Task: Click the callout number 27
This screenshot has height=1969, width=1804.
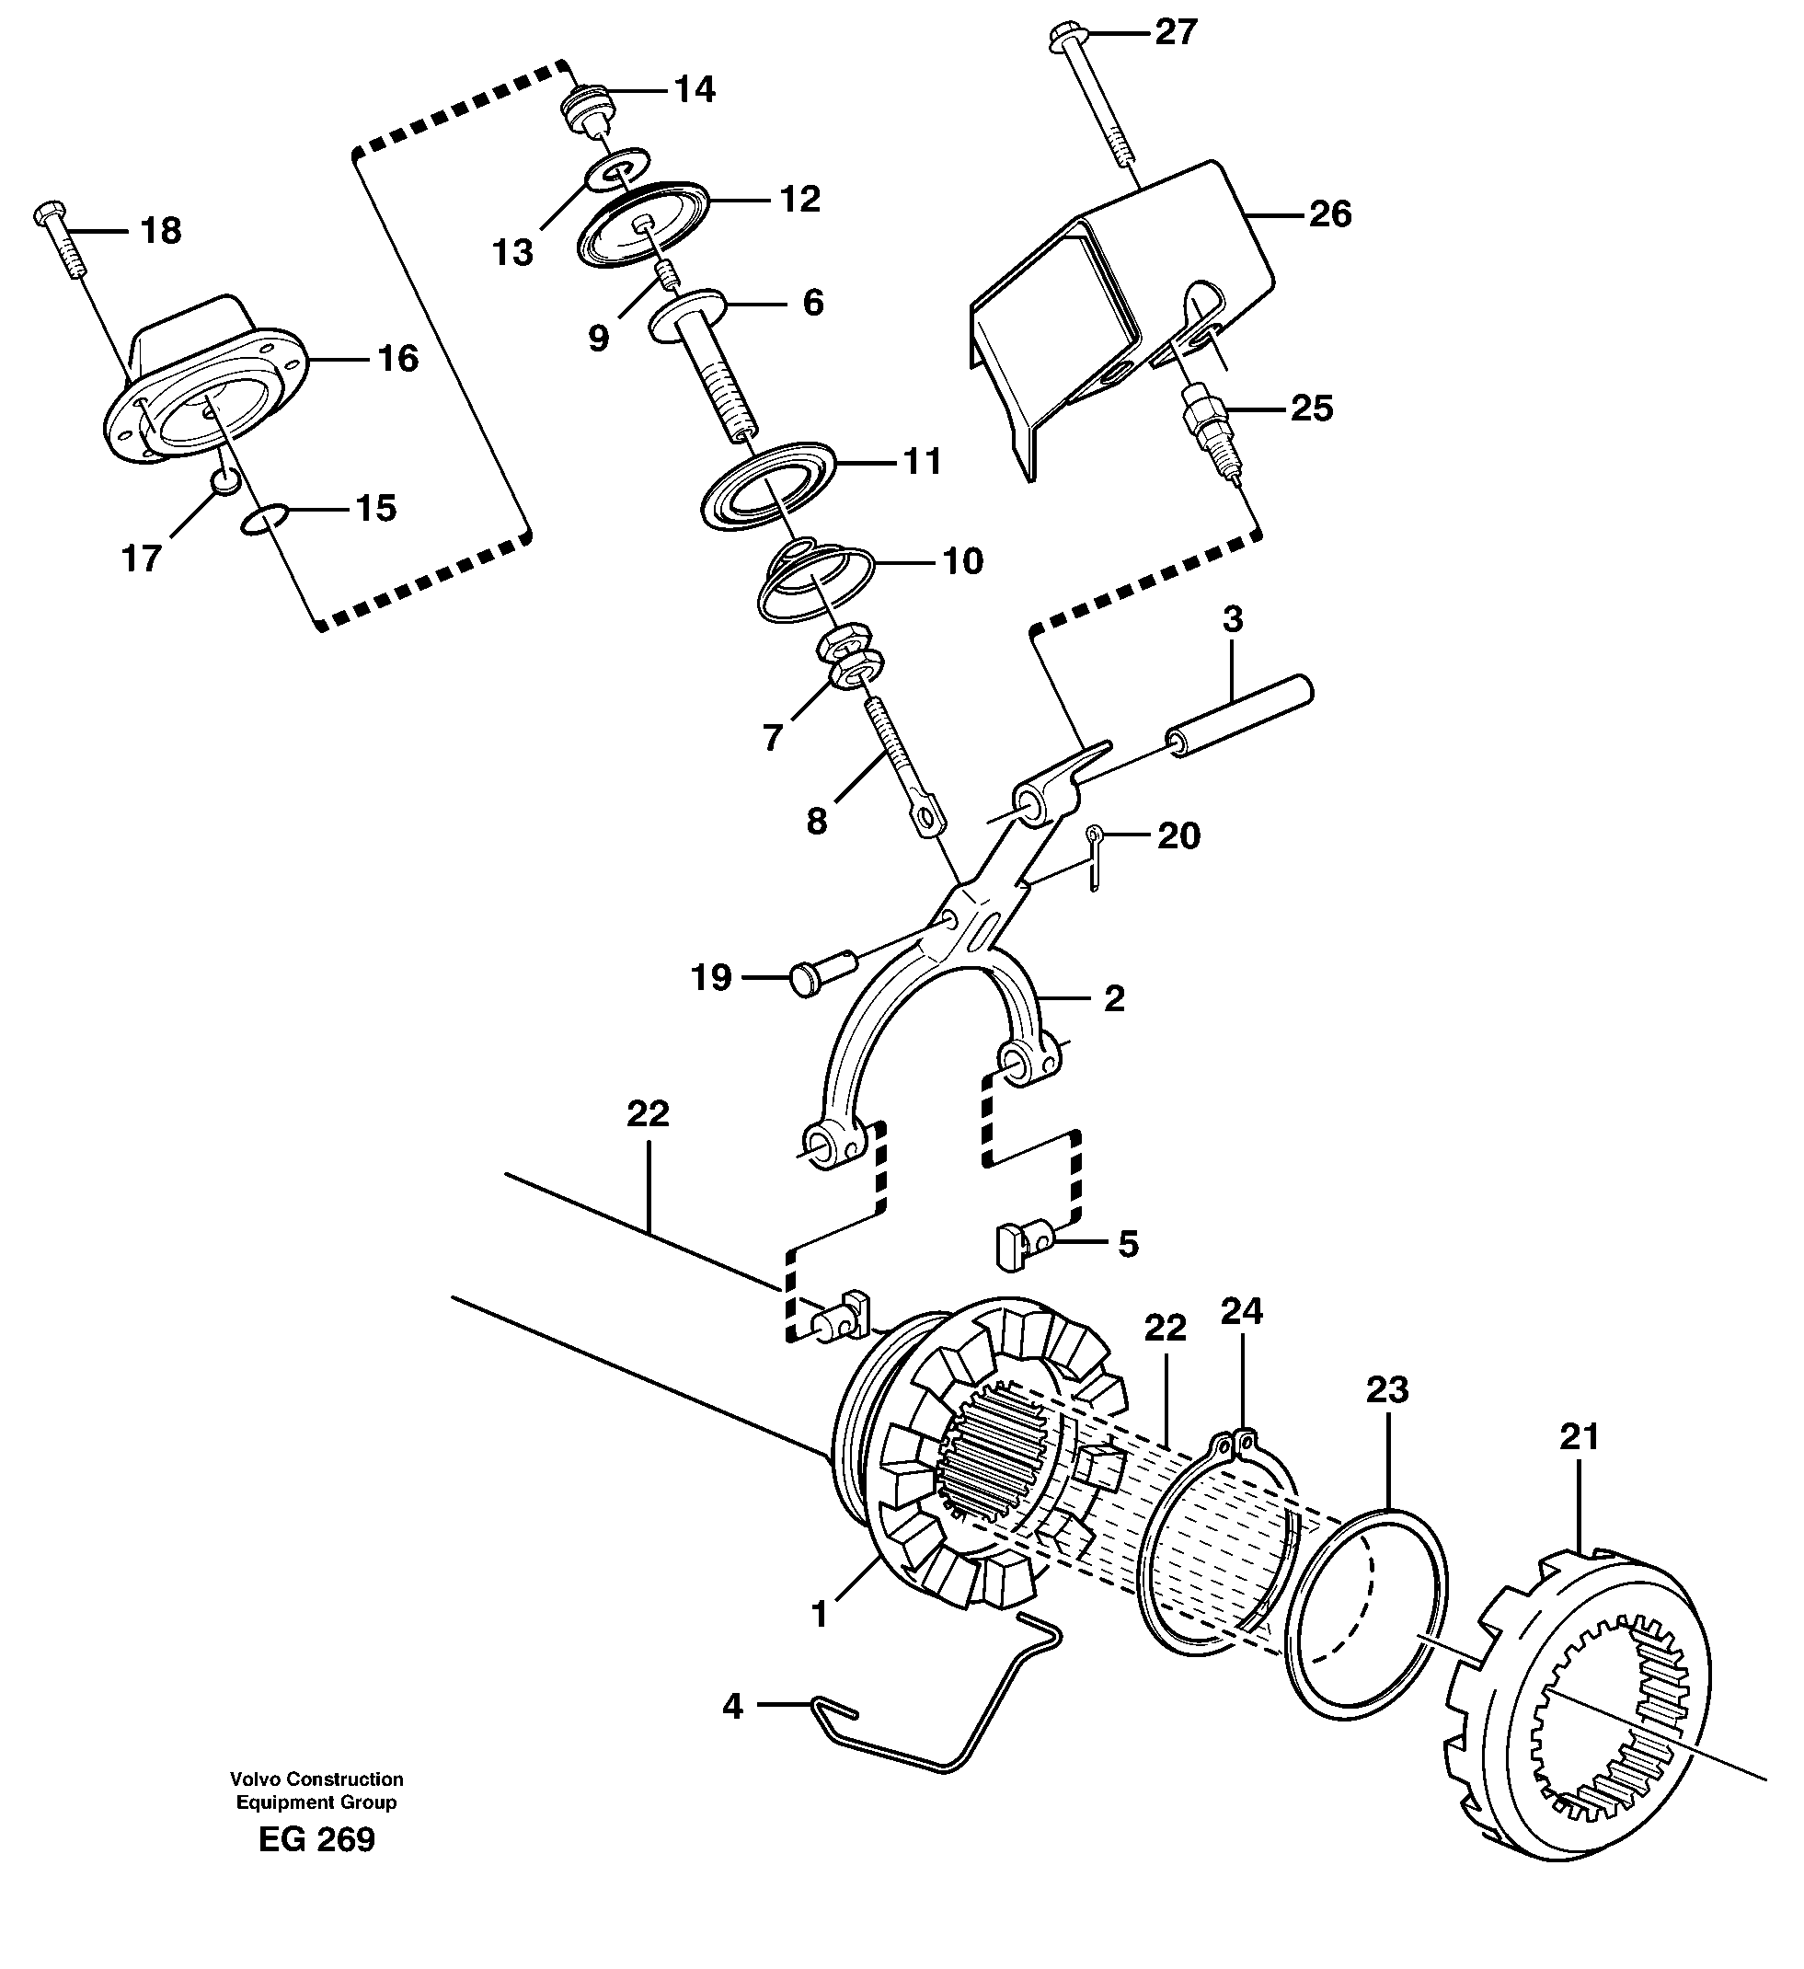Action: tap(1176, 33)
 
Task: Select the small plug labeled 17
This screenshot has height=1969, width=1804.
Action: tap(224, 479)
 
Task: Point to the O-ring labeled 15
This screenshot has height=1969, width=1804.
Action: tap(265, 520)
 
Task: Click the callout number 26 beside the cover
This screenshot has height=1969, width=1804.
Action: tap(1329, 213)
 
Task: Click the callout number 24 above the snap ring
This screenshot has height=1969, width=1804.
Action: tap(1241, 1312)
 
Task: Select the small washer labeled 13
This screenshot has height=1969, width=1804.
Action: tap(617, 174)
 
